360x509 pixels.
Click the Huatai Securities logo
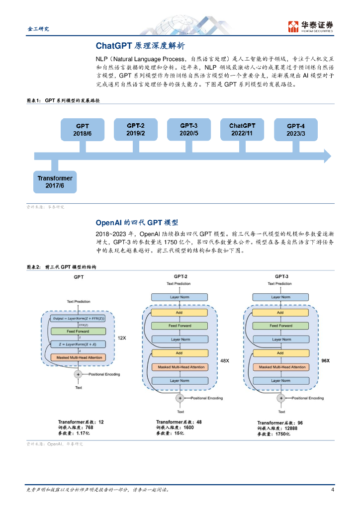point(310,27)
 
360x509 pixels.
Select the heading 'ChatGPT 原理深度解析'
point(140,46)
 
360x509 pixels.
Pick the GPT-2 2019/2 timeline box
point(135,129)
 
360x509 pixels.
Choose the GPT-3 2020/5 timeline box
point(189,129)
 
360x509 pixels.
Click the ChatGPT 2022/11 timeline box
point(242,129)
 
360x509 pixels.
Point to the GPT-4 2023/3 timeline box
point(296,130)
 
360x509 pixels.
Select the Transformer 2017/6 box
point(55,182)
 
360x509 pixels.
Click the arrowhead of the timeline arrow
point(327,156)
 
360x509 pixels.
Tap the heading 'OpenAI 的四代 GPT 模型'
point(137,223)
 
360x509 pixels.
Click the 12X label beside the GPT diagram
point(122,338)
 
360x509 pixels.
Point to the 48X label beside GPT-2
point(224,360)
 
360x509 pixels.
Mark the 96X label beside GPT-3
point(326,360)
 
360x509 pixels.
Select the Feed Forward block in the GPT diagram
point(79,331)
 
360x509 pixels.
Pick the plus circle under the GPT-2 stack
point(180,398)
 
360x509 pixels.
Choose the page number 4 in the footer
point(332,490)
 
